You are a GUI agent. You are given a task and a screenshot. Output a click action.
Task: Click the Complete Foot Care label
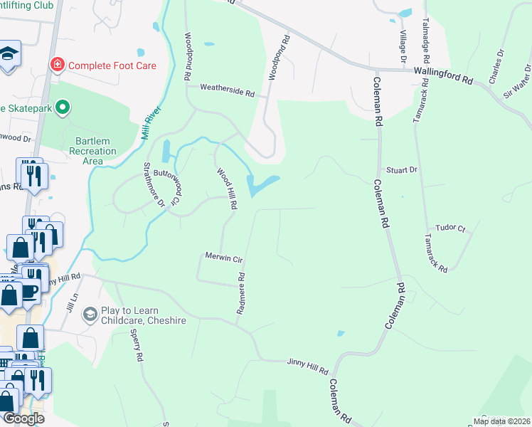(x=112, y=65)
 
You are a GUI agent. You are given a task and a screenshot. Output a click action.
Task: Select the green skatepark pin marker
(x=63, y=108)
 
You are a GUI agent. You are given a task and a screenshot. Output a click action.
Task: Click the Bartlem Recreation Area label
(x=92, y=151)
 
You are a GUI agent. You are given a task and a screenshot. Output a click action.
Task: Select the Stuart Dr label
(x=401, y=171)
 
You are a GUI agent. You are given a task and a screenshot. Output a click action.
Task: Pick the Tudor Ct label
(x=450, y=228)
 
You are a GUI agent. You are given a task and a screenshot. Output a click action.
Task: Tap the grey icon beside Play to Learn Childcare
(x=90, y=313)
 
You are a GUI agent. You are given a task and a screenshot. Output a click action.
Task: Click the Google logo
(x=23, y=418)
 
